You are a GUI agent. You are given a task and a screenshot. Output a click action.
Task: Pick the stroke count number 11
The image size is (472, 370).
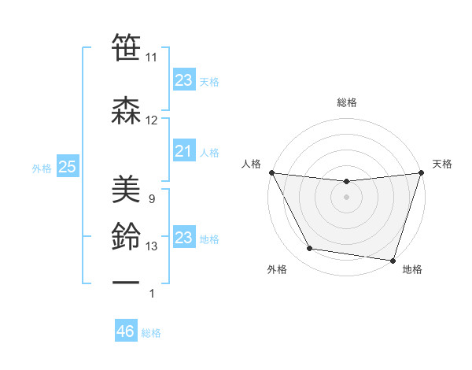152,57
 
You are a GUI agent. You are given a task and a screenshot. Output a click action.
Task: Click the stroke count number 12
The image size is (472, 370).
152,120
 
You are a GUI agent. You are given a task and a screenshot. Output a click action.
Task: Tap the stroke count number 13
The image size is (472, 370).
152,246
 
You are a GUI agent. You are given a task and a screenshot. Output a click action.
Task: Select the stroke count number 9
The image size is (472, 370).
151,199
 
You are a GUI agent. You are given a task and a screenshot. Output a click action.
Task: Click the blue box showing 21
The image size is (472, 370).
183,151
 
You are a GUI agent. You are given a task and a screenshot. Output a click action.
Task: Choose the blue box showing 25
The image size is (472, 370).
67,167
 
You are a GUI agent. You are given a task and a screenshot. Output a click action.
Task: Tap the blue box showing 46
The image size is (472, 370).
125,331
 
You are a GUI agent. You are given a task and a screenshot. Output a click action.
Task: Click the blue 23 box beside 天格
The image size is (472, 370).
183,80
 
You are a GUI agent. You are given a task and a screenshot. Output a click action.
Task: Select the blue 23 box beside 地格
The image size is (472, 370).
183,238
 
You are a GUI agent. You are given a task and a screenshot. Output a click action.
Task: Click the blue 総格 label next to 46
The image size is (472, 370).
151,333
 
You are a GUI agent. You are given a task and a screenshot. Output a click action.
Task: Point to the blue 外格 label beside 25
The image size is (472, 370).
42,168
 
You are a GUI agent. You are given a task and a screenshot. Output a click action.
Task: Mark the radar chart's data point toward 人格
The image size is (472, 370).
271,172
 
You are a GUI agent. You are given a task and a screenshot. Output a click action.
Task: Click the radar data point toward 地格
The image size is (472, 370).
393,260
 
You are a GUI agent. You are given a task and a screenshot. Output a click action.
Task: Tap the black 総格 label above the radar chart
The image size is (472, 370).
346,102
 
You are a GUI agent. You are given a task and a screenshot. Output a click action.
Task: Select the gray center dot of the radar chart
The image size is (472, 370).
346,197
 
